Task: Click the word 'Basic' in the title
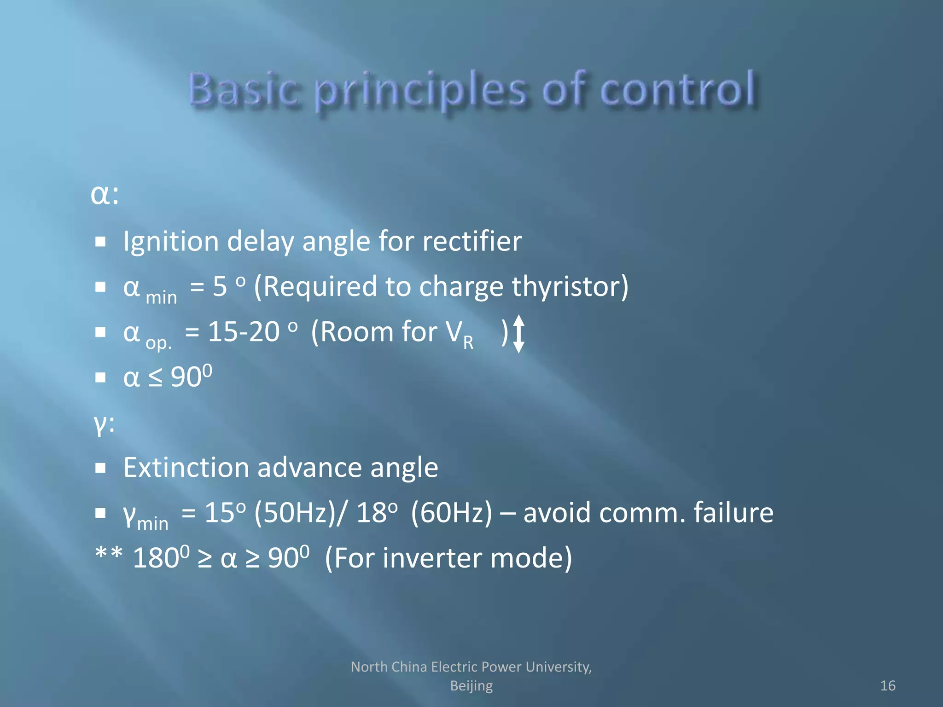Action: coord(244,90)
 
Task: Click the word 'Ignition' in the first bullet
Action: coord(170,242)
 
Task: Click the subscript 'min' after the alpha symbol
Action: coord(161,297)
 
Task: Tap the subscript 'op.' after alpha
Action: coord(158,342)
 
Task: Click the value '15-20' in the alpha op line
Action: coord(244,331)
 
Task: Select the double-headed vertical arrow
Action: coord(518,334)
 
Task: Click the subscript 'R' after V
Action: coord(468,342)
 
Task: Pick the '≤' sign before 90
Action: coord(155,378)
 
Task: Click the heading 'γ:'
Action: coord(104,423)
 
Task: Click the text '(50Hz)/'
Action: coord(299,513)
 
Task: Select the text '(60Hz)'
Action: coord(451,513)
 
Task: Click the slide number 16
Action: coord(887,686)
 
